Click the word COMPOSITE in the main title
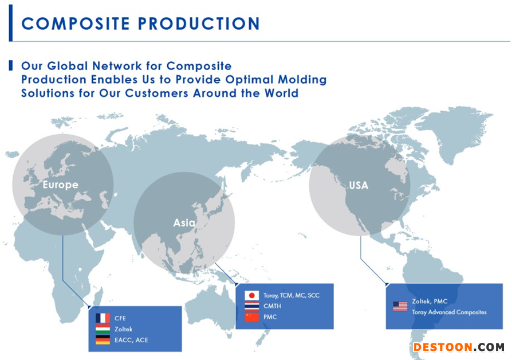click(x=76, y=24)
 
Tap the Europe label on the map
click(x=60, y=185)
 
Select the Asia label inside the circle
click(x=184, y=223)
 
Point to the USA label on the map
click(x=359, y=185)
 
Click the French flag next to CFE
click(x=103, y=318)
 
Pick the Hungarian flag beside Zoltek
click(x=103, y=329)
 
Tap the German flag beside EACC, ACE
click(x=103, y=340)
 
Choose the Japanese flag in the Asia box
click(x=252, y=295)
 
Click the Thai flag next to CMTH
click(x=252, y=306)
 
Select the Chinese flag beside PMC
click(x=252, y=317)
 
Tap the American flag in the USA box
click(x=400, y=306)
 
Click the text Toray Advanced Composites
click(x=450, y=312)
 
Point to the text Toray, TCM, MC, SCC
click(x=292, y=295)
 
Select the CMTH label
click(x=273, y=306)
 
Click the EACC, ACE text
click(x=131, y=340)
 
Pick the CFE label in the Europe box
click(x=120, y=318)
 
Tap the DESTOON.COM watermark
click(x=459, y=347)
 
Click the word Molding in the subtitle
click(x=302, y=80)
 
